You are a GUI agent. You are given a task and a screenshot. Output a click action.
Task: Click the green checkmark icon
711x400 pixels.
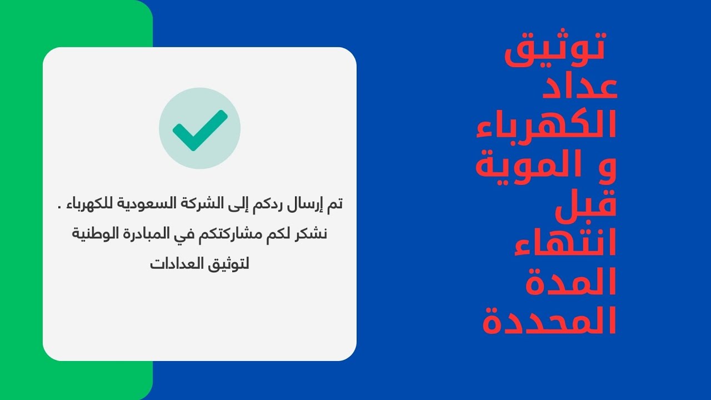coord(199,128)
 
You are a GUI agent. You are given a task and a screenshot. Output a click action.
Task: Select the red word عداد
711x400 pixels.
coord(579,87)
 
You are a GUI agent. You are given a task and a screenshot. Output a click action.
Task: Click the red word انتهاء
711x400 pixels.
coord(565,243)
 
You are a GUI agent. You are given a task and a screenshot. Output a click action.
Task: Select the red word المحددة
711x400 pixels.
coord(549,321)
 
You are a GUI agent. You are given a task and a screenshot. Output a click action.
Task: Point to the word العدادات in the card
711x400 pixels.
coord(177,263)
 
